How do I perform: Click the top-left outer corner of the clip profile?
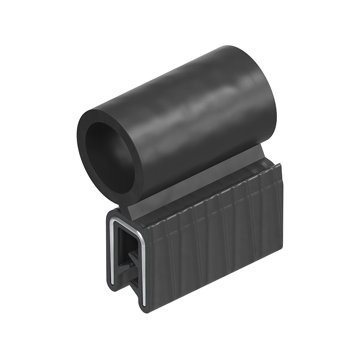point(108,214)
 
